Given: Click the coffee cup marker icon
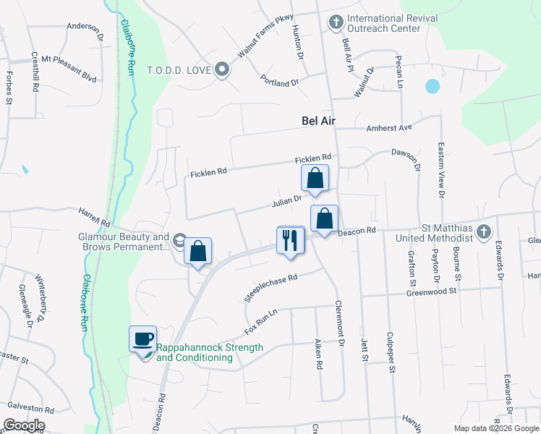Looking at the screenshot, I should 142,339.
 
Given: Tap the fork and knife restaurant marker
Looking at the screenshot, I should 291,239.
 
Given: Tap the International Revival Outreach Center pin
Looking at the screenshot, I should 336,22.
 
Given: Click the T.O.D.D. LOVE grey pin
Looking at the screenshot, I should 222,70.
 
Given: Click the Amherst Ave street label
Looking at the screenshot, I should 389,127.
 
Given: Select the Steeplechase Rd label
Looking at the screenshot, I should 272,288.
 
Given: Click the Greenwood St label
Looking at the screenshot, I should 432,292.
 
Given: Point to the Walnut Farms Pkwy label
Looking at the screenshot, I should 257,46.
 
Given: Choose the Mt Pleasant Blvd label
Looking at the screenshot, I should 69,58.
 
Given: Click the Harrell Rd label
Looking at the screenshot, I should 94,215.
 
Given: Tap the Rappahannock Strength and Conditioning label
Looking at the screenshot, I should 210,352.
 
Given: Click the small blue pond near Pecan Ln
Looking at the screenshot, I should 433,87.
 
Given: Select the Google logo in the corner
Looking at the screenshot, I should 24,425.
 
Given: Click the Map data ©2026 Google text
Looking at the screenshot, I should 496,428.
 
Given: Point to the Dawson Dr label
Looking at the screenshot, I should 406,160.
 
